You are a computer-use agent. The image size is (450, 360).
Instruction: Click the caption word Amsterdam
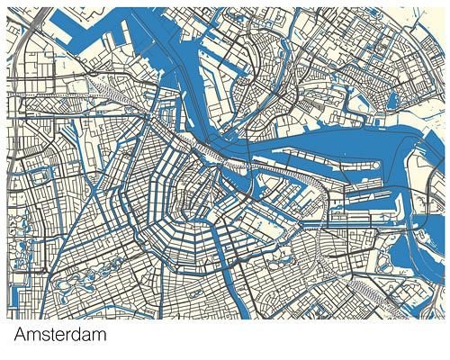[x=60, y=336]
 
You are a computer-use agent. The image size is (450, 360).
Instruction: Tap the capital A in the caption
[x=21, y=336]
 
